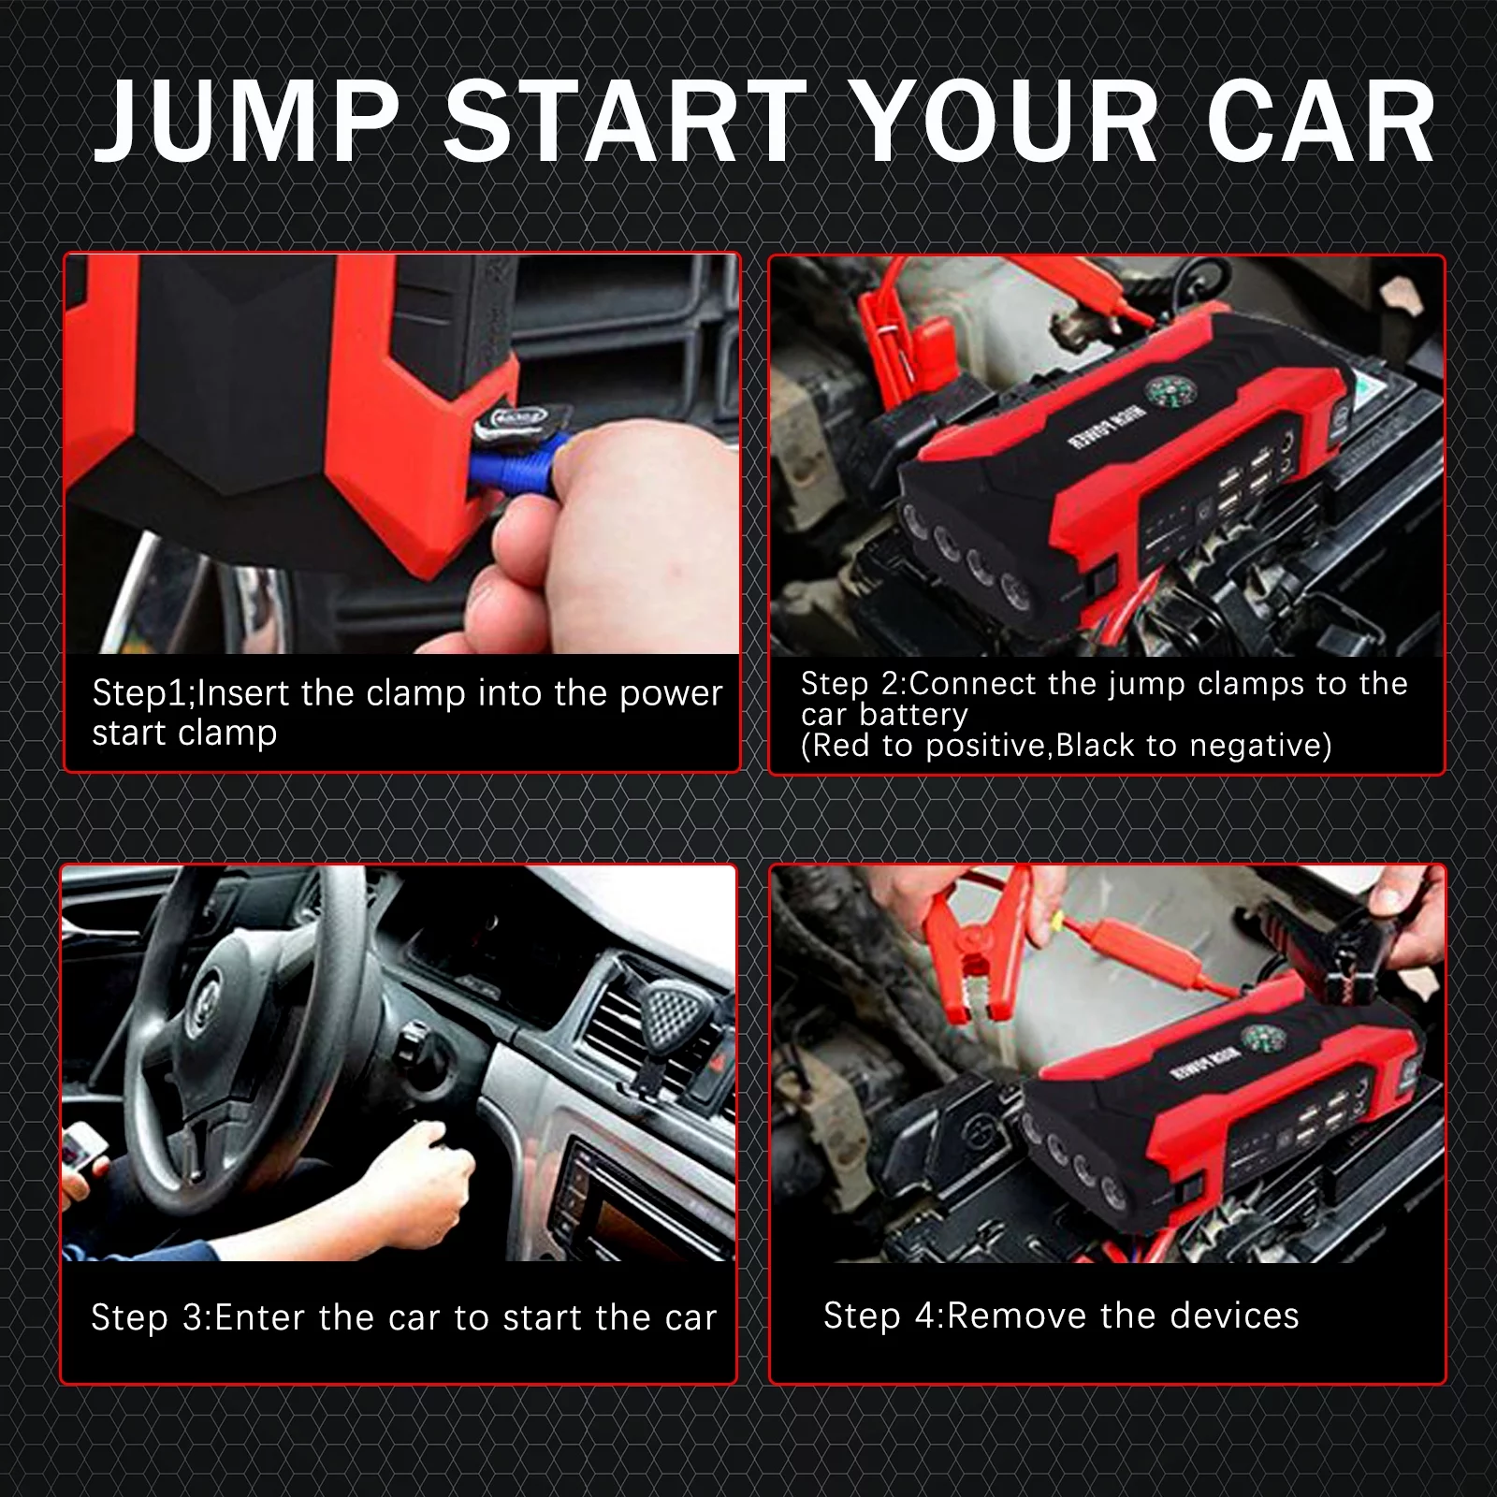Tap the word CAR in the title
pyautogui.click(x=1320, y=123)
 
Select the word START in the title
pyautogui.click(x=625, y=123)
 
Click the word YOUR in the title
pyautogui.click(x=1007, y=123)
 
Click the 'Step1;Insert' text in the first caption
pyautogui.click(x=192, y=693)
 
